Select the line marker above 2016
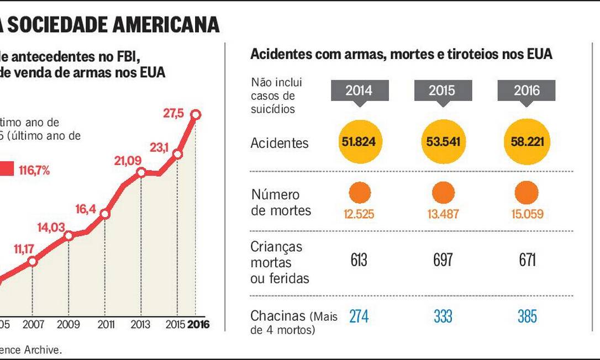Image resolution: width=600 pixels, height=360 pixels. (196, 114)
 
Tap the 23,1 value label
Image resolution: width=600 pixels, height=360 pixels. (159, 147)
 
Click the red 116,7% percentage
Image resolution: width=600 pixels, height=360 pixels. (34, 170)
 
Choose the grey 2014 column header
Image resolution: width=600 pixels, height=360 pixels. (359, 90)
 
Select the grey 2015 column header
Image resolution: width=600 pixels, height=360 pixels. (443, 90)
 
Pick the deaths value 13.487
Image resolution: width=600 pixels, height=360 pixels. (443, 214)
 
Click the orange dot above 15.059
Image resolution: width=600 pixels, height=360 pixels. (527, 193)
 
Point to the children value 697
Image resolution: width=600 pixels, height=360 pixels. (443, 260)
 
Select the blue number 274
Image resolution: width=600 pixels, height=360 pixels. (359, 316)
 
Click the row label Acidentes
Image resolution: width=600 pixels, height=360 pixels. (280, 143)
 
